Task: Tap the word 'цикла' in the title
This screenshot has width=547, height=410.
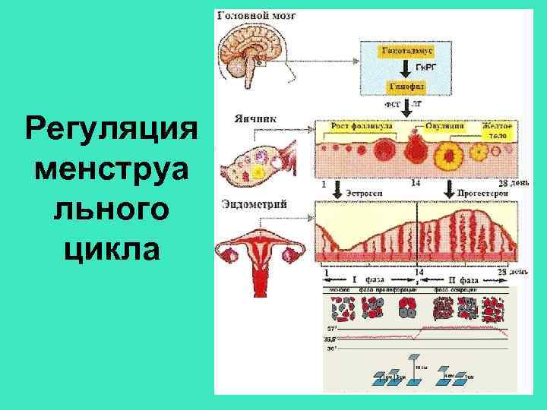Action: point(111,249)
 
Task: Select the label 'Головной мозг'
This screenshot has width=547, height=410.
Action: point(254,15)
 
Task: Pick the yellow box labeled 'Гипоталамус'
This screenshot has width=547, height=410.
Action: point(407,50)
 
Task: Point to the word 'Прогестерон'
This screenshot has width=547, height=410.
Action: point(481,194)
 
